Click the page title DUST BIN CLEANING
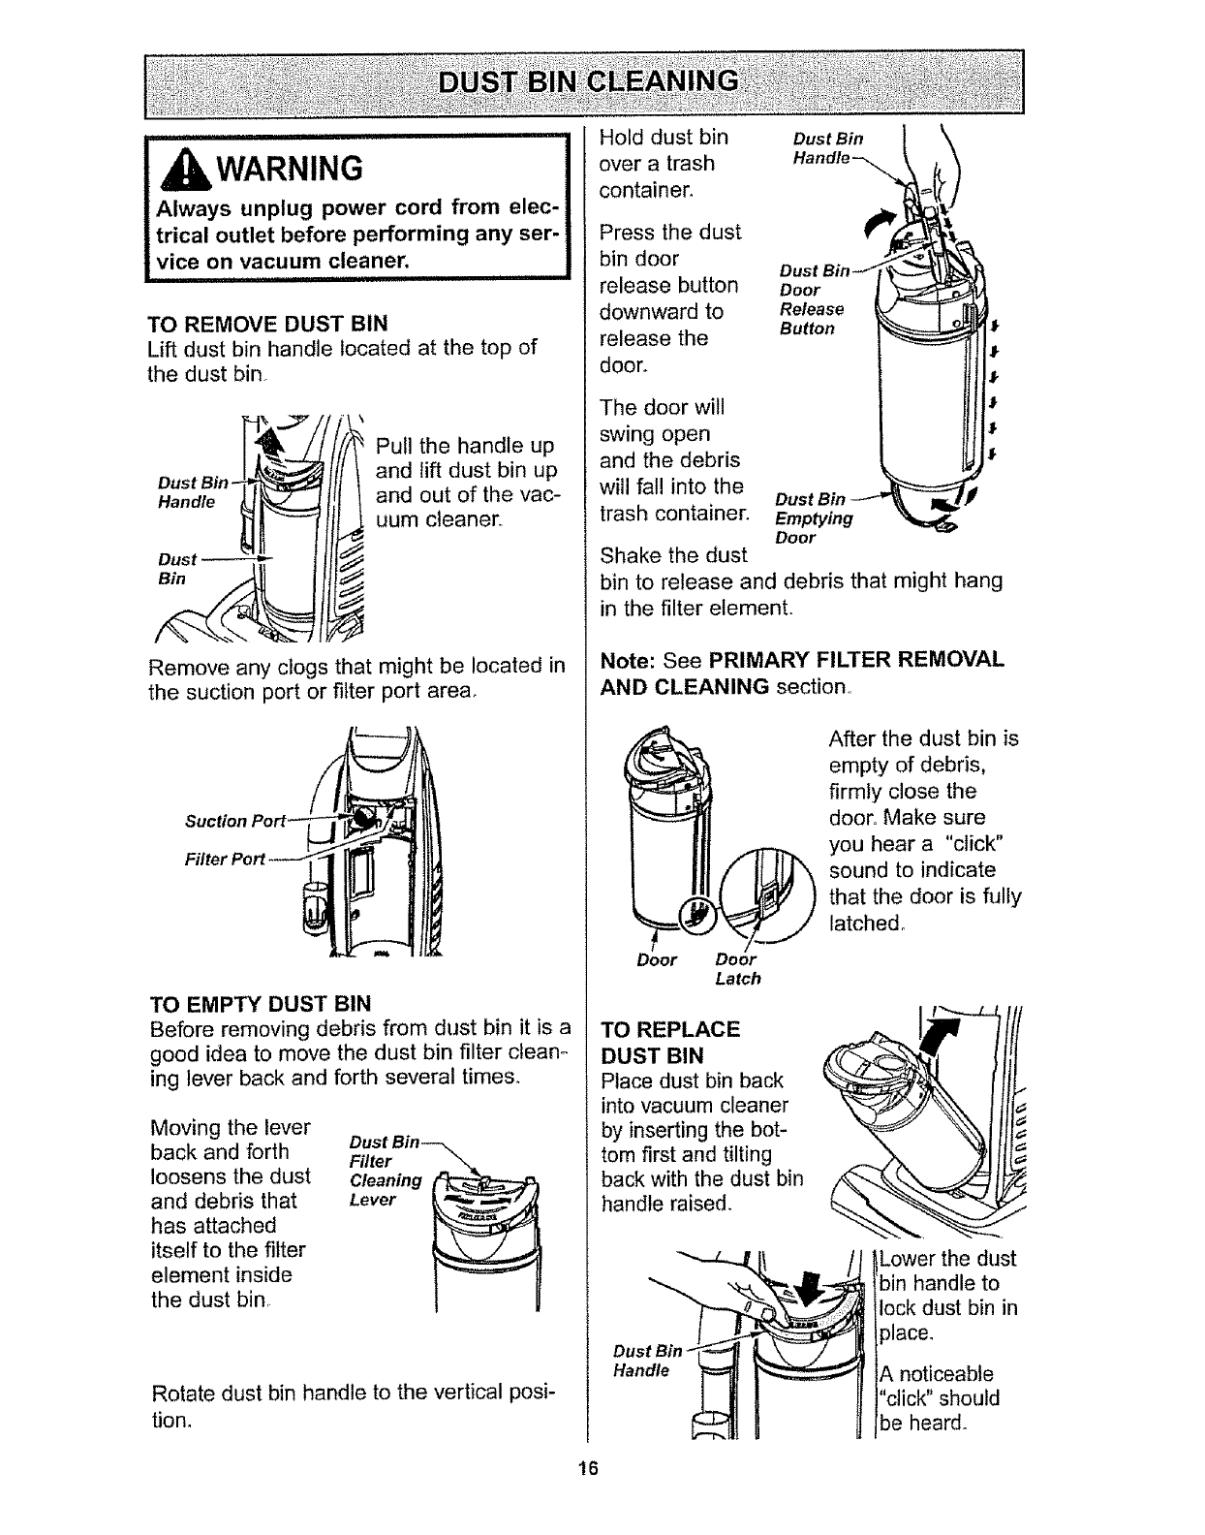(x=588, y=81)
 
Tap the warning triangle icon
(x=185, y=172)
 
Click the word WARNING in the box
(x=290, y=170)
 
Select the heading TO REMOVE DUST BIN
(x=267, y=324)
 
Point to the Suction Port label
(x=235, y=821)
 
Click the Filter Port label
(x=225, y=859)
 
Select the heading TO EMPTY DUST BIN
(x=261, y=1004)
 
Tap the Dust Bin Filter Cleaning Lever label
(x=386, y=1171)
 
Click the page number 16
(x=588, y=1468)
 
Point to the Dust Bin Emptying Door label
(x=814, y=518)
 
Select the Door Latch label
(x=738, y=968)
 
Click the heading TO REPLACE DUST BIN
(x=670, y=1042)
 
